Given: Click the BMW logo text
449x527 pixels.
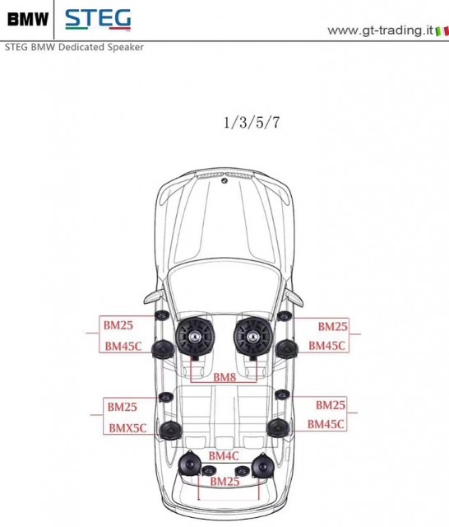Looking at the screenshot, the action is click(x=28, y=19).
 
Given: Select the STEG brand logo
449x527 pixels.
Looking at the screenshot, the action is click(x=98, y=19).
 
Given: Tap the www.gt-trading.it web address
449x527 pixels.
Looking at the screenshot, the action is click(x=381, y=30).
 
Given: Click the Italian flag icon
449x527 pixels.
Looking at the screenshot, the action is click(x=442, y=31).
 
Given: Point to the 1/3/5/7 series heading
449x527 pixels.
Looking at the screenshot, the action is click(x=252, y=123).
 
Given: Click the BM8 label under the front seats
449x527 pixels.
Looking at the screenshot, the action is click(x=224, y=377).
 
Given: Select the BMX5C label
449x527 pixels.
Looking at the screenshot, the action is click(x=127, y=428).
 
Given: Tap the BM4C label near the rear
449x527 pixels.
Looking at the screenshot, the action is click(x=224, y=455).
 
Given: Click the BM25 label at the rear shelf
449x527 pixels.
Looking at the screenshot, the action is click(x=224, y=481).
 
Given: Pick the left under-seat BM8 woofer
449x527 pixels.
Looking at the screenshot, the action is click(x=194, y=337).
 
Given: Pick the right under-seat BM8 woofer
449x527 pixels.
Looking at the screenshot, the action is click(x=252, y=337).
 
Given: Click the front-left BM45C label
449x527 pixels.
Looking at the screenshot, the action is click(x=123, y=346).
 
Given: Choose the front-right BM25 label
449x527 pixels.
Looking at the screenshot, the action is click(x=332, y=326).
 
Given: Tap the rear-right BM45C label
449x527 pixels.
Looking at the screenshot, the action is click(x=326, y=424).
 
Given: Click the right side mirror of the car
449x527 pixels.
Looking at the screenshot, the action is click(x=294, y=297).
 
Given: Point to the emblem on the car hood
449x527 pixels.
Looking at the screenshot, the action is click(x=224, y=181).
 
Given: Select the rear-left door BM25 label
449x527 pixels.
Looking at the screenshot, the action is click(x=123, y=407).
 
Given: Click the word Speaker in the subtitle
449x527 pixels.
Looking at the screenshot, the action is click(x=126, y=48).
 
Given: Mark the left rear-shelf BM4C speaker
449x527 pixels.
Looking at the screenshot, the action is click(x=190, y=463).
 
